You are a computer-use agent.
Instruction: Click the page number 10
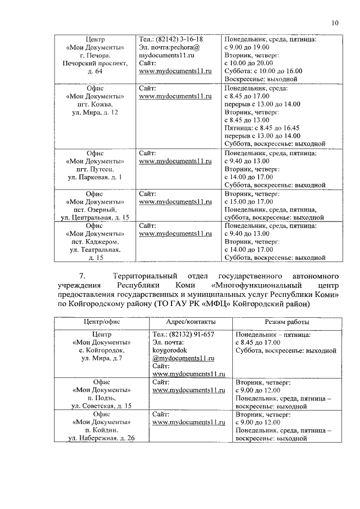point(335,23)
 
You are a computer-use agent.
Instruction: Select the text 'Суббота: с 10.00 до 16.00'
point(263,71)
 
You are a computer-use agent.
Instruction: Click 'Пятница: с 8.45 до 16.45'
point(262,128)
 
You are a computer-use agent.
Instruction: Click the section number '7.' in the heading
point(82,277)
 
